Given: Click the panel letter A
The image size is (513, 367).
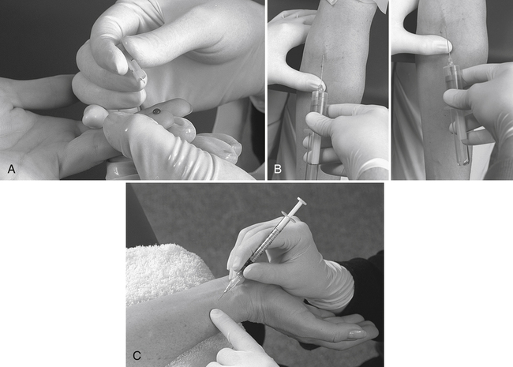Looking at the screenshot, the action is (12, 169).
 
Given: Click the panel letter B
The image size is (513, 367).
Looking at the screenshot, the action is (278, 169).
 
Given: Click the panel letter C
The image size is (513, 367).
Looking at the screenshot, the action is (137, 355).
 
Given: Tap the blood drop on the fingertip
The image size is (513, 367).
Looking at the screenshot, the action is (157, 111).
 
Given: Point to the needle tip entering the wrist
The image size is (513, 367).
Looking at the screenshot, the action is (219, 299).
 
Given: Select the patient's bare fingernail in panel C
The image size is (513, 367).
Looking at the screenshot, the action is (358, 335).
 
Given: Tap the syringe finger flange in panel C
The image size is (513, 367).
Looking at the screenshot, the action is (289, 216).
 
